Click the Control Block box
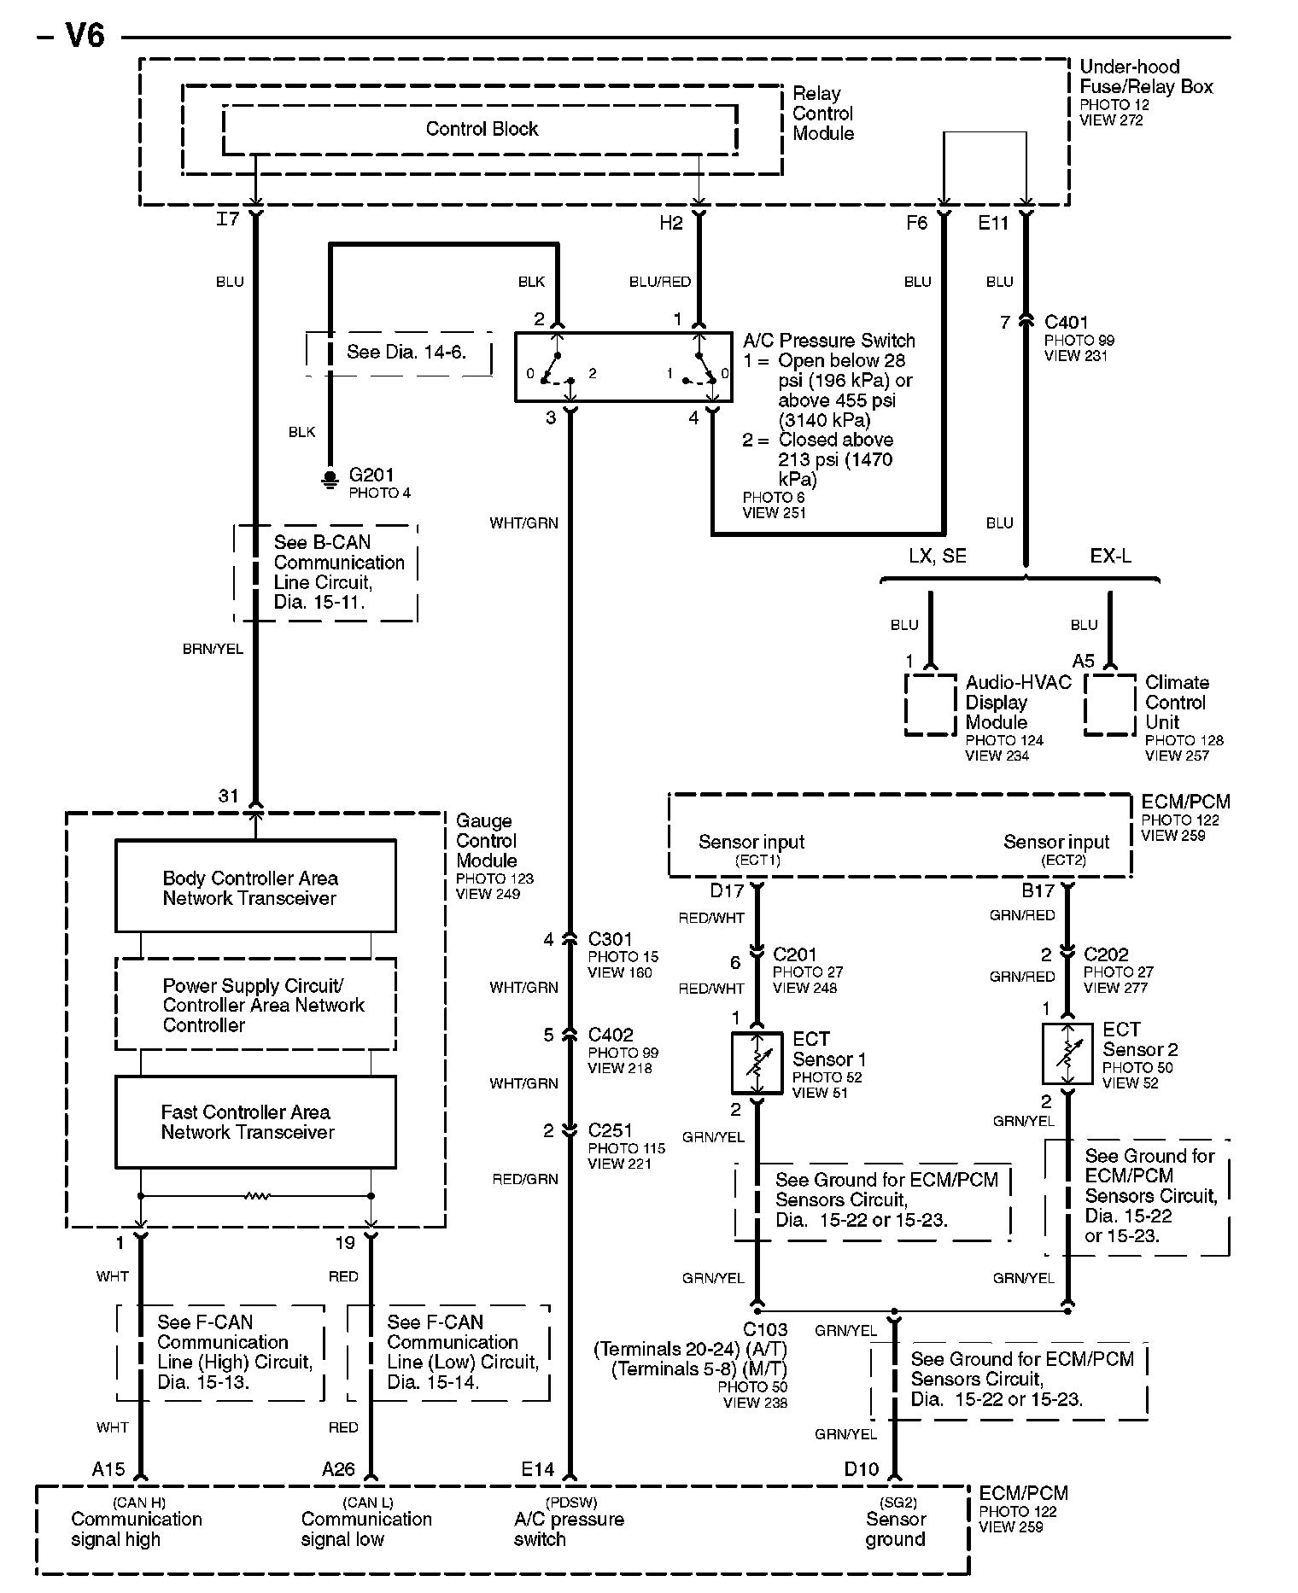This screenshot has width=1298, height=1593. pyautogui.click(x=481, y=129)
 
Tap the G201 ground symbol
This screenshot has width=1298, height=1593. pyautogui.click(x=330, y=479)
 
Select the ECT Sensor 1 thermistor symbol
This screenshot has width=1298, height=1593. pyautogui.click(x=757, y=1063)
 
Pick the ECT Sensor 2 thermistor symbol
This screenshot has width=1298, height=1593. pyautogui.click(x=1067, y=1054)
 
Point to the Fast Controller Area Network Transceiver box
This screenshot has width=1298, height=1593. pyautogui.click(x=255, y=1122)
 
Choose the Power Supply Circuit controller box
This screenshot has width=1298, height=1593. pyautogui.click(x=255, y=1004)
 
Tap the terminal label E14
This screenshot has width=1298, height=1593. pyautogui.click(x=538, y=1469)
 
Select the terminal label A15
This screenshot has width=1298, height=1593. pyautogui.click(x=108, y=1469)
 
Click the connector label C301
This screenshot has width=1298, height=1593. pyautogui.click(x=611, y=939)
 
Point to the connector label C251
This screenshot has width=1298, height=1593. pyautogui.click(x=611, y=1130)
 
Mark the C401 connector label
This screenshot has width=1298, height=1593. pyautogui.click(x=1067, y=322)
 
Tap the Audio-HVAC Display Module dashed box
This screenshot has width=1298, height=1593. pyautogui.click(x=930, y=704)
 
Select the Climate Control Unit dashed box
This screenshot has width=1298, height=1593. pyautogui.click(x=1109, y=704)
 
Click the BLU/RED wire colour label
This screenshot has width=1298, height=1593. pyautogui.click(x=659, y=282)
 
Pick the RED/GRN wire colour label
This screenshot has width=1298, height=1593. pyautogui.click(x=524, y=1179)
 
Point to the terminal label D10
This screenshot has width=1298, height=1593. pyautogui.click(x=861, y=1469)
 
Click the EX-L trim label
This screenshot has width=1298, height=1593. pyautogui.click(x=1110, y=557)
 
